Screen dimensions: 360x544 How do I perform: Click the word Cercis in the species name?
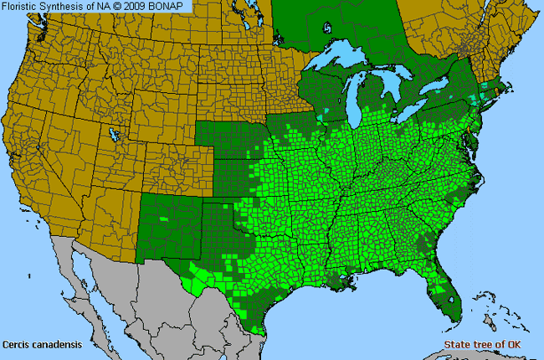(17, 343)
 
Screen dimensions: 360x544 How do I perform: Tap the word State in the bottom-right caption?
(457, 344)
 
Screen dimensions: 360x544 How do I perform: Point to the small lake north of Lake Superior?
(327, 28)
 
